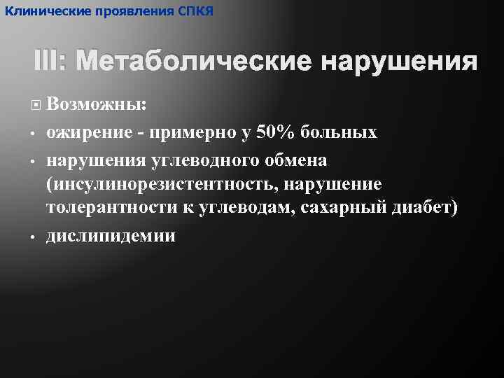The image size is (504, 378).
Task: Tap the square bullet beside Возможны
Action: point(36,105)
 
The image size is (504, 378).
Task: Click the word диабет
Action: point(421,209)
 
